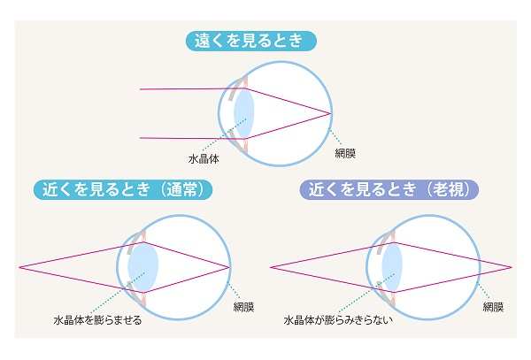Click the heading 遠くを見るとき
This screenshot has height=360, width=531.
coord(251,41)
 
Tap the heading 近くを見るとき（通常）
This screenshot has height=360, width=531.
coord(123,189)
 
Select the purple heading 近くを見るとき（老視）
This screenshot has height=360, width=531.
coord(389,189)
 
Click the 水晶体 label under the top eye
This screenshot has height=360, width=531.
coord(204,158)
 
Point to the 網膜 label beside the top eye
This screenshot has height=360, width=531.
coord(345,153)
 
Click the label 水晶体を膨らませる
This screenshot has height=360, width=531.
coord(97,319)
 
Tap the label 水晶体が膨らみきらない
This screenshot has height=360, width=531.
coord(338,319)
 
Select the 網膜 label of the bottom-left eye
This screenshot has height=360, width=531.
coord(244,307)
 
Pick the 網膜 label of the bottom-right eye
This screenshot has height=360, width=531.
coord(494,307)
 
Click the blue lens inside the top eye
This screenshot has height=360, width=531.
coord(244,113)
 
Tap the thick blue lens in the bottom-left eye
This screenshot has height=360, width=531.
coord(142,267)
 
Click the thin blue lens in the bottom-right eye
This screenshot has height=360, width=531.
coord(392,267)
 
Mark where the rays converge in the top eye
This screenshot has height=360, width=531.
coord(331,114)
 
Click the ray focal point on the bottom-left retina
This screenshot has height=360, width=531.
coord(229,267)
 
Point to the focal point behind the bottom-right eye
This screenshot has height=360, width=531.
coord(512,267)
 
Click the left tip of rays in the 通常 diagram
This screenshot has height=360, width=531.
coord(19,267)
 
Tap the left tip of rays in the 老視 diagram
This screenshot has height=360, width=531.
coord(271,267)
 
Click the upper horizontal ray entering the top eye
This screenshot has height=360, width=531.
coord(192,89)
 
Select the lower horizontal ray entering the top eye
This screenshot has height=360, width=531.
coord(192,138)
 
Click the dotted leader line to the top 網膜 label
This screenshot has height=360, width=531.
coord(336,137)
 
